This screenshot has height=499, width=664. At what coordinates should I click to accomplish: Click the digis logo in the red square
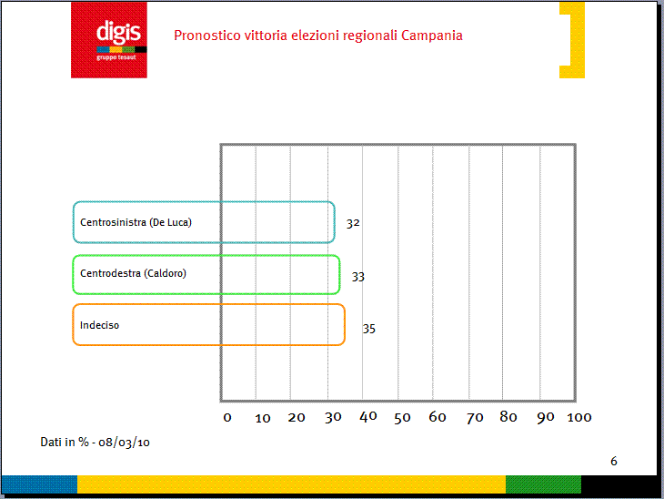pyautogui.click(x=109, y=40)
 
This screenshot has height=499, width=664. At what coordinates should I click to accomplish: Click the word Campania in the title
pyautogui.click(x=431, y=36)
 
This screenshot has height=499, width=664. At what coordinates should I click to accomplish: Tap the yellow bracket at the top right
pyautogui.click(x=572, y=40)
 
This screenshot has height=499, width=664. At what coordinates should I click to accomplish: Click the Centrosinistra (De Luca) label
pyautogui.click(x=136, y=222)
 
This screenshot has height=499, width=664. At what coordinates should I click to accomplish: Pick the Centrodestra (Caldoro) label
pyautogui.click(x=133, y=273)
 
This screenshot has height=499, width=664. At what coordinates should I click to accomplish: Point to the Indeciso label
pyautogui.click(x=99, y=325)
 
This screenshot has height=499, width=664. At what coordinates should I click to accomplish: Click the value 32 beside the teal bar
pyautogui.click(x=353, y=223)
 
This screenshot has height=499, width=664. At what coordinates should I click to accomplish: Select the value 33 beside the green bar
pyautogui.click(x=357, y=277)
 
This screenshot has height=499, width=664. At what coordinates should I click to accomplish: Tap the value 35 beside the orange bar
pyautogui.click(x=369, y=329)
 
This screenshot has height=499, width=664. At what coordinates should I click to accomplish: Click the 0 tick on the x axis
pyautogui.click(x=227, y=418)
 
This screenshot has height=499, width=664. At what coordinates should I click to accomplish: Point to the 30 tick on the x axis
pyautogui.click(x=333, y=417)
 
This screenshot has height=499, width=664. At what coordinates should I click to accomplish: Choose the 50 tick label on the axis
pyautogui.click(x=402, y=418)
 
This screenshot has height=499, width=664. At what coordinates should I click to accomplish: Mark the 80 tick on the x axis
pyautogui.click(x=508, y=417)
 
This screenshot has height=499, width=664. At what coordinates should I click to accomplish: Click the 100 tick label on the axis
pyautogui.click(x=578, y=417)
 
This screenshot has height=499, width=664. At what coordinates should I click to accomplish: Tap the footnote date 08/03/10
pyautogui.click(x=124, y=443)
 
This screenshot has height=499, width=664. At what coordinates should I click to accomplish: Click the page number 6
pyautogui.click(x=614, y=461)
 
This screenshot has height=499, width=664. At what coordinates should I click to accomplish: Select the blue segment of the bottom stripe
pyautogui.click(x=39, y=484)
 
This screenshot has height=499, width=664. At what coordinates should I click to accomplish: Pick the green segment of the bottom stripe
pyautogui.click(x=543, y=484)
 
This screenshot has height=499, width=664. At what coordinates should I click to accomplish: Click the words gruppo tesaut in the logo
pyautogui.click(x=116, y=57)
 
